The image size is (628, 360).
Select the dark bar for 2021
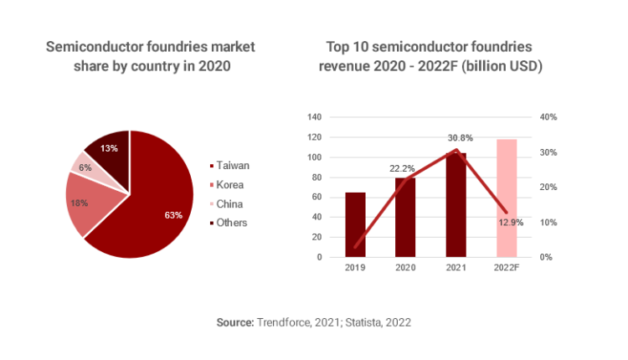point(456,205)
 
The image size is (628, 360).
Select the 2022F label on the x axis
point(507,269)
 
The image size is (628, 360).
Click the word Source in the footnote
point(234,321)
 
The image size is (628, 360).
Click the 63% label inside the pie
point(173,215)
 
